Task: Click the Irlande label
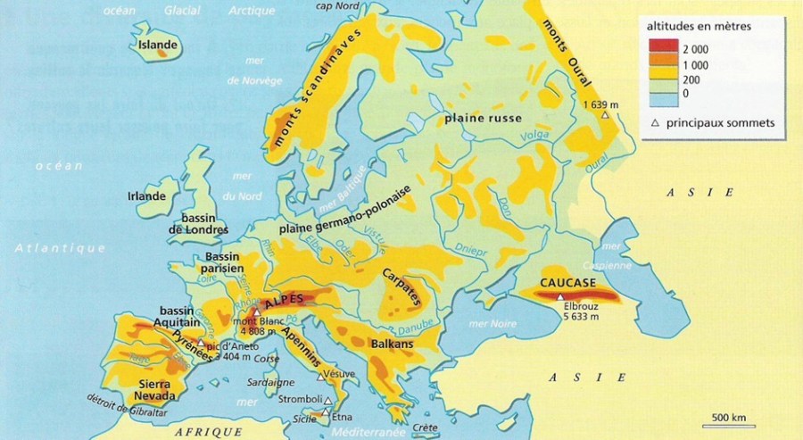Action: (147, 196)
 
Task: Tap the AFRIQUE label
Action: (210, 431)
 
